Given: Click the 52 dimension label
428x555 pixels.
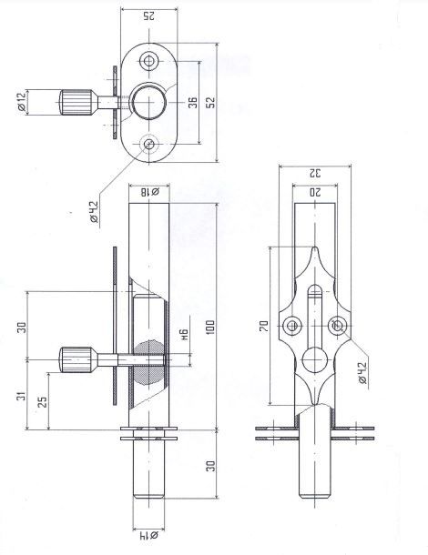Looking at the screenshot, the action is click(x=210, y=102).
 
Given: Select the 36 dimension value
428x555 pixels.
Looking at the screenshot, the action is click(x=193, y=102).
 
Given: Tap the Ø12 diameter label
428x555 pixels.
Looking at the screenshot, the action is click(x=22, y=103).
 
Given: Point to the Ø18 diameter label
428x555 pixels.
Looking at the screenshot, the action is click(x=150, y=192).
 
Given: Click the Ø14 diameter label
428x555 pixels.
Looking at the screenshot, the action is click(x=148, y=535).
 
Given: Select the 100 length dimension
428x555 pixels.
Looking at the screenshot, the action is click(x=210, y=328).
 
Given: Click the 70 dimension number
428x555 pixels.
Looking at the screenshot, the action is click(x=264, y=326).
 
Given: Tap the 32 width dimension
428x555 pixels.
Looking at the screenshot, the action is click(x=314, y=174).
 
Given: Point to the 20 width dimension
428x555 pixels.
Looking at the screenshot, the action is click(x=314, y=192).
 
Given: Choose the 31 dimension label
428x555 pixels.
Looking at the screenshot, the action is click(x=22, y=396).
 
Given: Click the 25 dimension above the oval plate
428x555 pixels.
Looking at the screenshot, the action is click(x=149, y=16).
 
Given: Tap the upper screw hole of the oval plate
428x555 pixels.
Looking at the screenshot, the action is click(x=149, y=62).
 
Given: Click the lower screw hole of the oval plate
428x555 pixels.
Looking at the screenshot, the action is click(x=149, y=144).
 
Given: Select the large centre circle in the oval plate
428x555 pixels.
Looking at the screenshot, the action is click(x=148, y=102).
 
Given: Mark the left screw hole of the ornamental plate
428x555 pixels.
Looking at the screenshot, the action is click(x=292, y=326).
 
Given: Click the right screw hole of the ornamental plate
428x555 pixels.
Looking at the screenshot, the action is click(x=337, y=326).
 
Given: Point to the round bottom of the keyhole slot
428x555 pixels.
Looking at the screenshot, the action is click(x=314, y=360).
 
